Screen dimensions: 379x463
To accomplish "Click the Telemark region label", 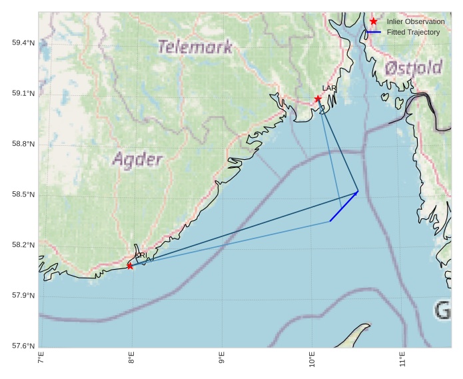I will coord(195,47).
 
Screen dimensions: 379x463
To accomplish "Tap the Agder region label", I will coord(137,160).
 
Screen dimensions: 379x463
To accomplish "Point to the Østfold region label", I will coord(413,67).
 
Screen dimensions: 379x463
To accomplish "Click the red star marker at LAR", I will coord(318,99).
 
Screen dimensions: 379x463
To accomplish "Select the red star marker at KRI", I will coord(130,266).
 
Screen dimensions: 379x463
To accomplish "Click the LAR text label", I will coord(329,88).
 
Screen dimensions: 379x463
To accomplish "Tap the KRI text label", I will coord(141,255).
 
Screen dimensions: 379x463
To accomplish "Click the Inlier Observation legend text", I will coord(415,22).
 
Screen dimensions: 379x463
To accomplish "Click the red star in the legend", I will coord(373,21).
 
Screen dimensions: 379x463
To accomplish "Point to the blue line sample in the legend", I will coord(373,32).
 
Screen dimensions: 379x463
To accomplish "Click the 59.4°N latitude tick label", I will coord(23,43).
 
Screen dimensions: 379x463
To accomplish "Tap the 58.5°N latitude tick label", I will coord(23,194).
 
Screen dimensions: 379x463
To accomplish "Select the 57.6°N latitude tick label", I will coord(23,346).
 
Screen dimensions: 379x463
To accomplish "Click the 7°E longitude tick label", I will coord(41,360).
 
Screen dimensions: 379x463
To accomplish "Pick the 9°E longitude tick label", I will coord(221,360).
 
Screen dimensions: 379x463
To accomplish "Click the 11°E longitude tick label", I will coord(402,360).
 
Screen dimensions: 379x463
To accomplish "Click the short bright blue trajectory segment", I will coord(344,206).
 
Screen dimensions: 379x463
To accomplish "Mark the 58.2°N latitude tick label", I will coord(23,245).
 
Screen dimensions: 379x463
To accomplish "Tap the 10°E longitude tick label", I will coord(312,360).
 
